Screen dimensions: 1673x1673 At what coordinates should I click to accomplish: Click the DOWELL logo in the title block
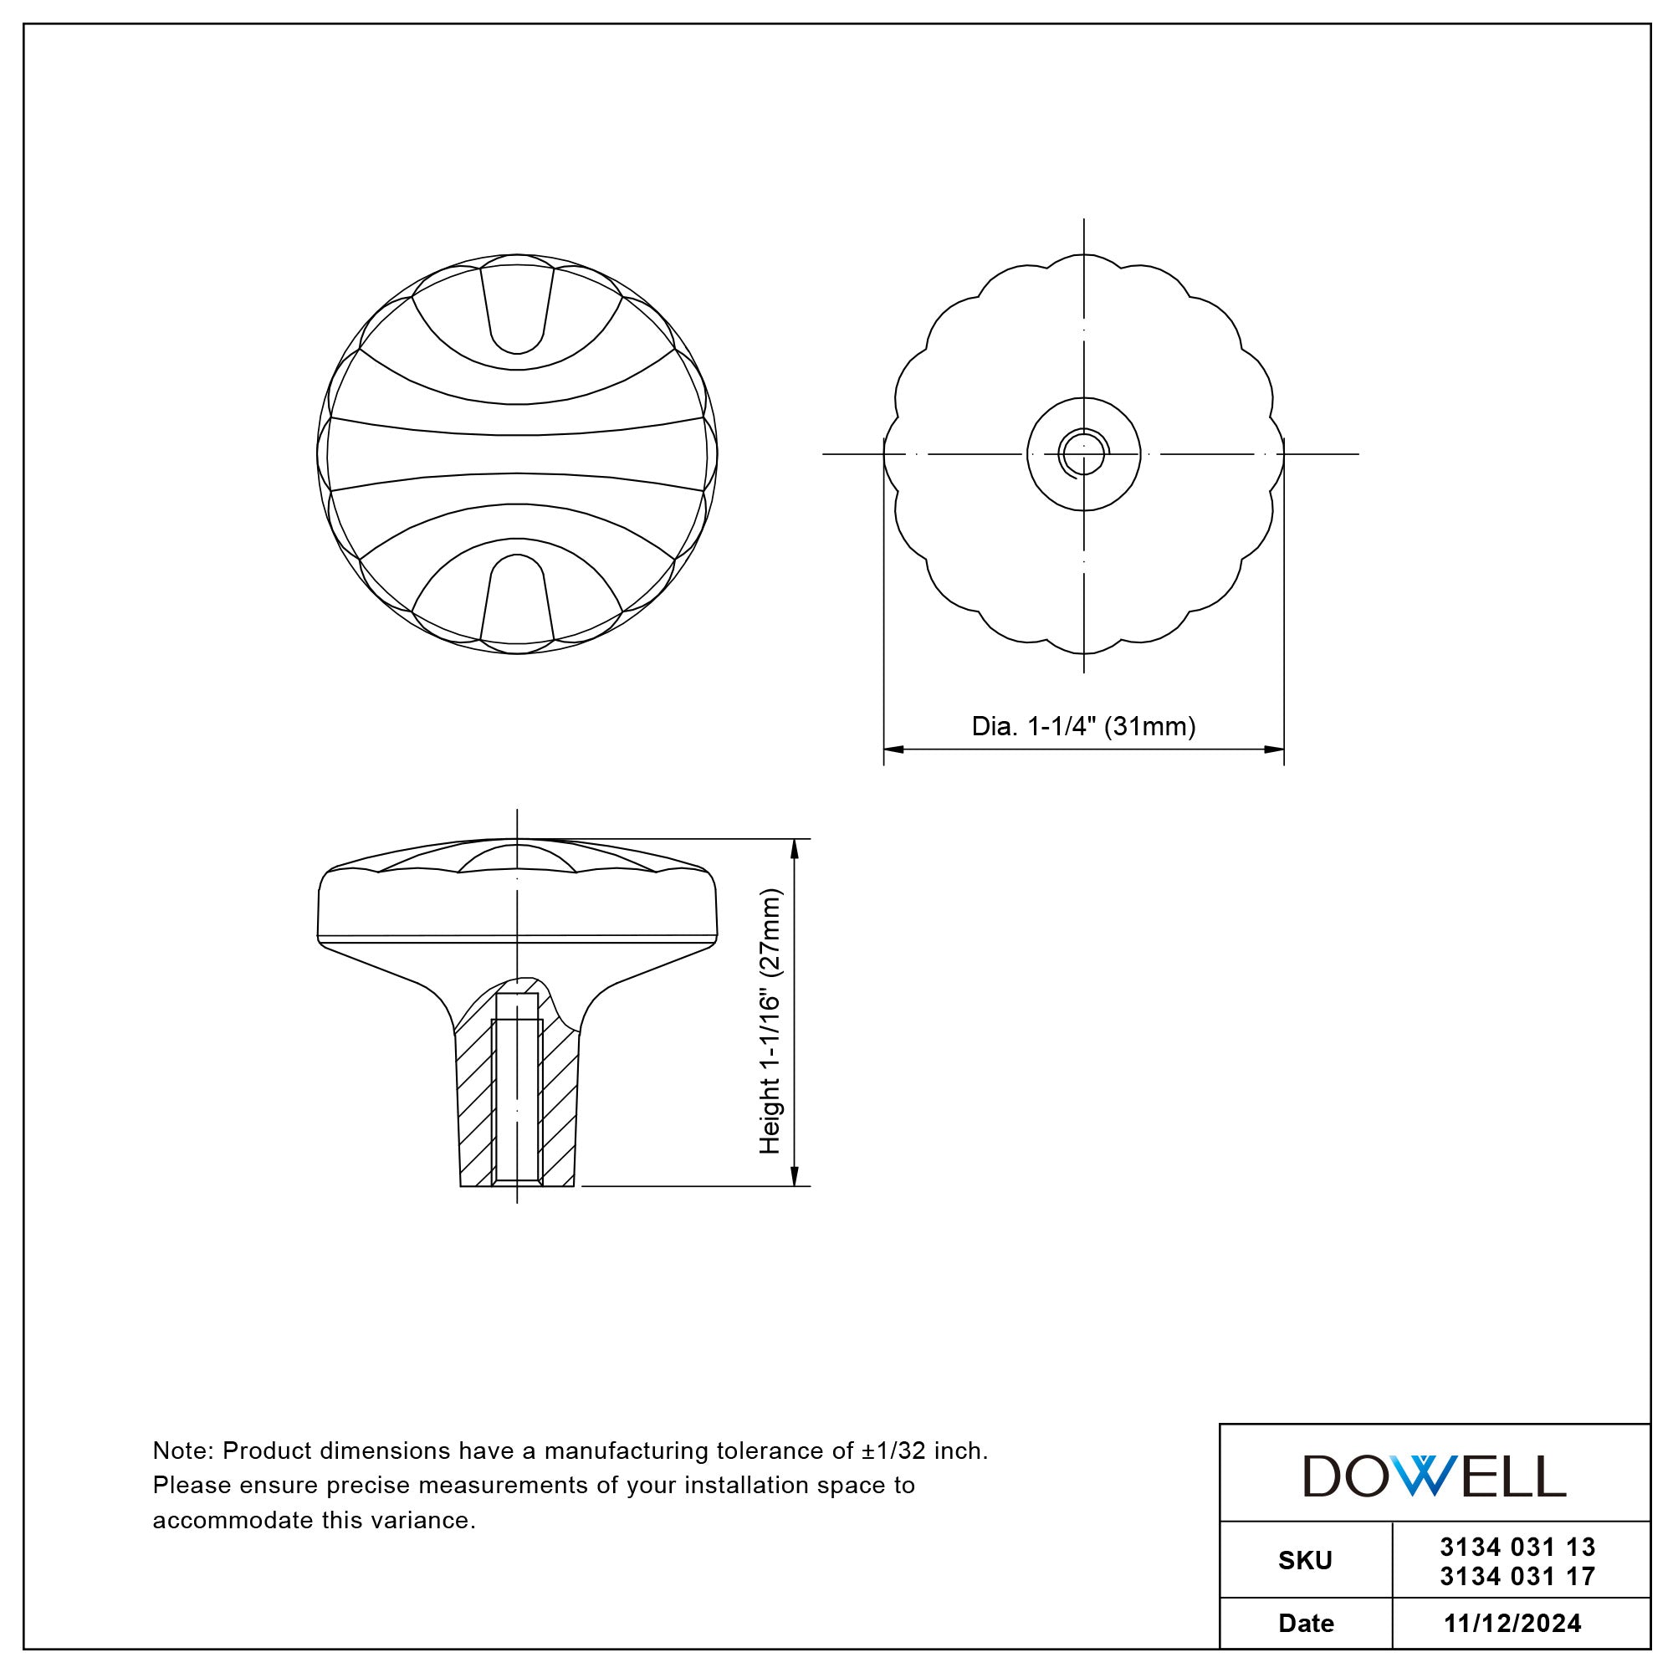coord(1434,1476)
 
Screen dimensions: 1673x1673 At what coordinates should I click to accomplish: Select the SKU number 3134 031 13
coord(1517,1548)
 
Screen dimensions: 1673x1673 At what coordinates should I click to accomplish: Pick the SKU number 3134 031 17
coord(1517,1576)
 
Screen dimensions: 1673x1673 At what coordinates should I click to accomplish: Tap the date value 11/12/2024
coord(1512,1623)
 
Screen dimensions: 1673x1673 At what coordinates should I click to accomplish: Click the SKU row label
coord(1305,1561)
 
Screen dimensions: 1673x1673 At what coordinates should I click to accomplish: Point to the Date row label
coord(1306,1623)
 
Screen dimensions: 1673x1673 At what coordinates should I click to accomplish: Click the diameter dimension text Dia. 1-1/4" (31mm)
coord(1083,727)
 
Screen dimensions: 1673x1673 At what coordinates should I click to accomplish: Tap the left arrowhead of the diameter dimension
coord(893,749)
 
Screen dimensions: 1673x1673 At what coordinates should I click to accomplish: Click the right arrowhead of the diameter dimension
coord(1274,749)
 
